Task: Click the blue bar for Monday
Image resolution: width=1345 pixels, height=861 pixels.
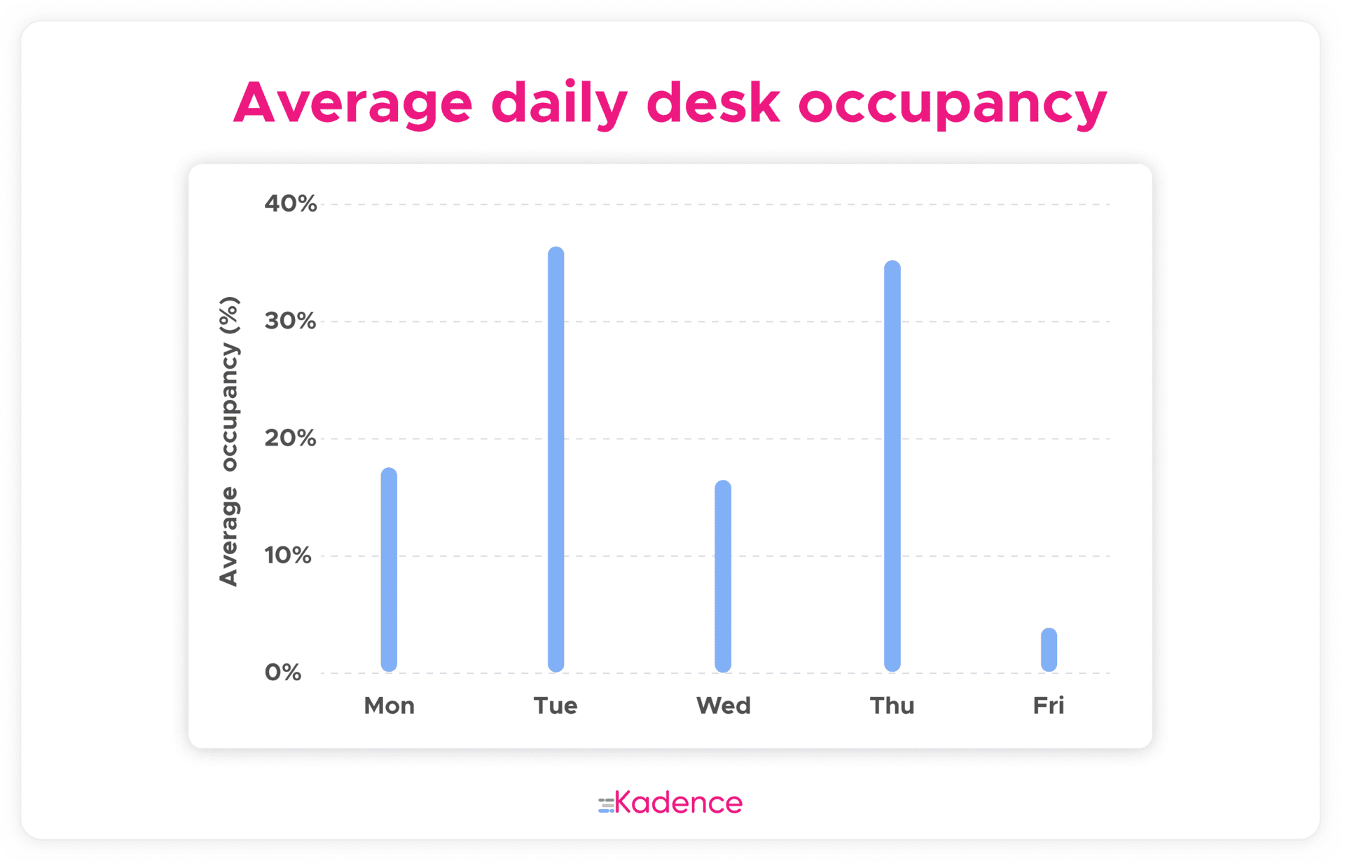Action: pyautogui.click(x=389, y=570)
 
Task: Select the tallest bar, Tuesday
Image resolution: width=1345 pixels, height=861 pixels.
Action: pyautogui.click(x=556, y=460)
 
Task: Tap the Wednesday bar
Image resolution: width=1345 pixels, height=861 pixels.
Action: pyautogui.click(x=723, y=576)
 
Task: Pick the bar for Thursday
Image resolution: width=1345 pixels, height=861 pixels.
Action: pyautogui.click(x=892, y=466)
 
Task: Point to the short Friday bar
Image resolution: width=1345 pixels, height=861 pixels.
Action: pyautogui.click(x=1049, y=650)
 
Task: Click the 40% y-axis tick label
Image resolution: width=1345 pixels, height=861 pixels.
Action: pyautogui.click(x=291, y=204)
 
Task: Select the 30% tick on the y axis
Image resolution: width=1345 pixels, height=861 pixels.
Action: pyautogui.click(x=291, y=321)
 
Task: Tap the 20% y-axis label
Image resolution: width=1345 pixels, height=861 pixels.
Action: pyautogui.click(x=291, y=438)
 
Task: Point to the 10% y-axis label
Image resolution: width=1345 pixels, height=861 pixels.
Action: pyautogui.click(x=288, y=556)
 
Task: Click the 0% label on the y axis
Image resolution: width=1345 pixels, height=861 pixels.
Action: pyautogui.click(x=283, y=673)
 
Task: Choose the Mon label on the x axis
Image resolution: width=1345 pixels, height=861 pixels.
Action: pyautogui.click(x=389, y=705)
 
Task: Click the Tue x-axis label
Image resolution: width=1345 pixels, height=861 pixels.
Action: pyautogui.click(x=556, y=705)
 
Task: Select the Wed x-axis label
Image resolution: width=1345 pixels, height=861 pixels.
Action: pyautogui.click(x=724, y=705)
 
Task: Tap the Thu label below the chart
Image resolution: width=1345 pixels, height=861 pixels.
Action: pyautogui.click(x=892, y=705)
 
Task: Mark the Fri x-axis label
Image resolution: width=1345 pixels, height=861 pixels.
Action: pyautogui.click(x=1049, y=705)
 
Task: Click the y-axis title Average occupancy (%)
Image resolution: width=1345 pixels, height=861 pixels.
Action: pyautogui.click(x=229, y=441)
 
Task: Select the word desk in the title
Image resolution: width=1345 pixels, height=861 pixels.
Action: pyautogui.click(x=713, y=102)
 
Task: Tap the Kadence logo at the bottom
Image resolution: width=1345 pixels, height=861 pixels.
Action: pyautogui.click(x=670, y=803)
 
